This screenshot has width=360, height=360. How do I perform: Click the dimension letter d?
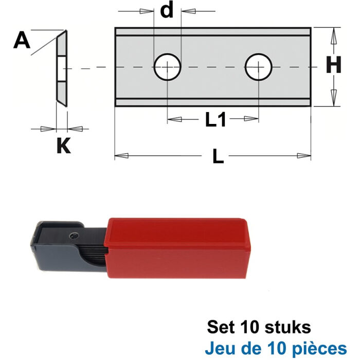point(167,10)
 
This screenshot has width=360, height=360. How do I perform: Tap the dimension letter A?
point(21,40)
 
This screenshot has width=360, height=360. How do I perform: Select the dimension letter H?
point(334,66)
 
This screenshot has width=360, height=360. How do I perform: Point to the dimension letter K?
point(63,146)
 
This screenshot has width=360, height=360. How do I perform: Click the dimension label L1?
point(215,120)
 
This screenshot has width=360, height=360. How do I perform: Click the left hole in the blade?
point(168,67)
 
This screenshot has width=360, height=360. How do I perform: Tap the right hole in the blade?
point(259,67)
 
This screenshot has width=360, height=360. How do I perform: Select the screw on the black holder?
point(75,236)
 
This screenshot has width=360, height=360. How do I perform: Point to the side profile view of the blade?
point(61,68)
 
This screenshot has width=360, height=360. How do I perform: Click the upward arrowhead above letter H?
point(333,36)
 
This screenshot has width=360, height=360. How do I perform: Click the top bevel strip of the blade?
point(213,32)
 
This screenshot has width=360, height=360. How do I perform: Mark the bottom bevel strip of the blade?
point(213,102)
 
